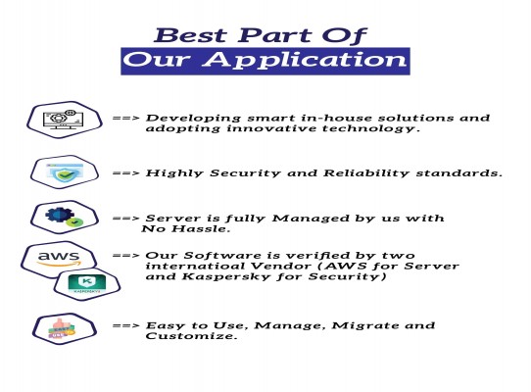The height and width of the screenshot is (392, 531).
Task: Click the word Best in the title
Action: [x=190, y=35]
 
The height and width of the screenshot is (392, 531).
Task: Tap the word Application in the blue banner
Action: [x=305, y=61]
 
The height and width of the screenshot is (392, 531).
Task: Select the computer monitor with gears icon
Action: [x=64, y=120]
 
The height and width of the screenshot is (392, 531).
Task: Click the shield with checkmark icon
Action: [x=65, y=171]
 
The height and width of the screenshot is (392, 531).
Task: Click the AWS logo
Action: [x=60, y=259]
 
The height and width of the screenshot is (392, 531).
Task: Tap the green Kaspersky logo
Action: [x=87, y=284]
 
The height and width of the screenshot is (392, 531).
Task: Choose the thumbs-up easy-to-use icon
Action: [x=63, y=328]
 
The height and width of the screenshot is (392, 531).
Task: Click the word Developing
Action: [x=193, y=119]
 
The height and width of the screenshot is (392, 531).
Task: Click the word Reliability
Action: [x=366, y=173]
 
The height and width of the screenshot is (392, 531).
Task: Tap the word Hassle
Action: [x=201, y=228]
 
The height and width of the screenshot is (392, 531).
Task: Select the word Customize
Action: [x=191, y=336]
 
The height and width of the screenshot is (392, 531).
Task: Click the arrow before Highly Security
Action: [x=125, y=173]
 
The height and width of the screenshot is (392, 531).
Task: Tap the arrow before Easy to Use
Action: [x=125, y=325]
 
